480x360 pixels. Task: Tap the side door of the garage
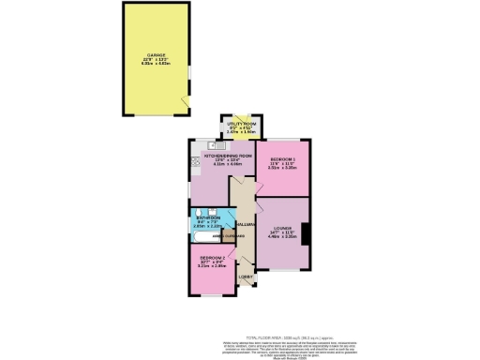(x=186, y=100)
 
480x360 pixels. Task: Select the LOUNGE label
(x=285, y=228)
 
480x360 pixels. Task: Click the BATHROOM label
(x=207, y=217)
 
